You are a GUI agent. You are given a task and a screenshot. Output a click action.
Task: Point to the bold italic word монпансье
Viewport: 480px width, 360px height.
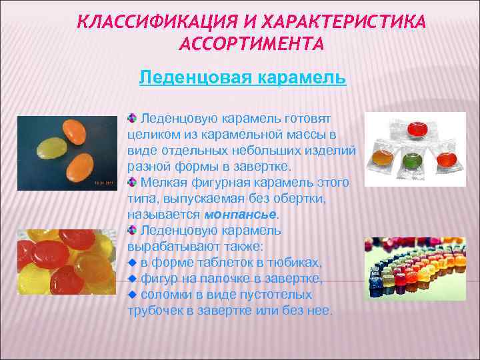click(240, 214)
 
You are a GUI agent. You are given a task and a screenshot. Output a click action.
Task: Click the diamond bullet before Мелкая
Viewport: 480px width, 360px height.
click(132, 182)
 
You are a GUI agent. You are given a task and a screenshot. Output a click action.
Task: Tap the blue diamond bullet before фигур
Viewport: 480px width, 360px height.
click(132, 278)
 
